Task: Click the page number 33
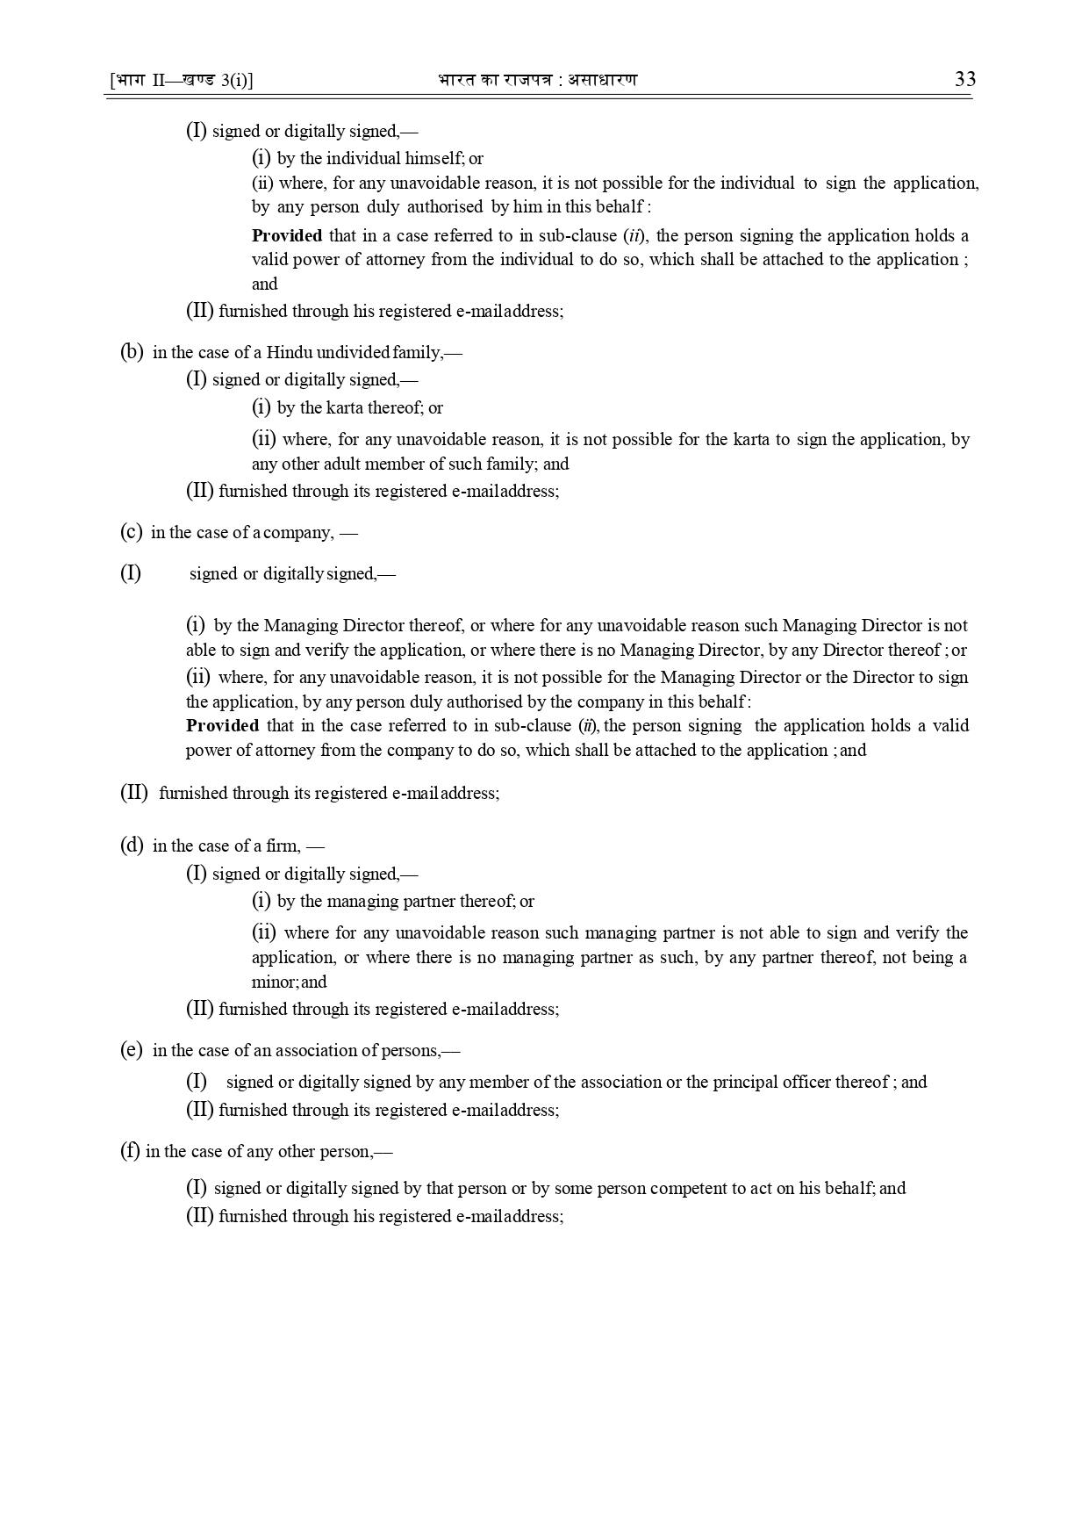tap(964, 79)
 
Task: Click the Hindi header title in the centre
tap(537, 80)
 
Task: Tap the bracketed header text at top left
tap(182, 80)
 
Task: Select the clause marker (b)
tap(131, 352)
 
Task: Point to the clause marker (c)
tap(131, 532)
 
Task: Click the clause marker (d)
tap(131, 846)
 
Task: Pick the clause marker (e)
tap(131, 1050)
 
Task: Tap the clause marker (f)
tap(130, 1151)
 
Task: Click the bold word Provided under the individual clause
tap(287, 235)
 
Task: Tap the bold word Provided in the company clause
tap(222, 725)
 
